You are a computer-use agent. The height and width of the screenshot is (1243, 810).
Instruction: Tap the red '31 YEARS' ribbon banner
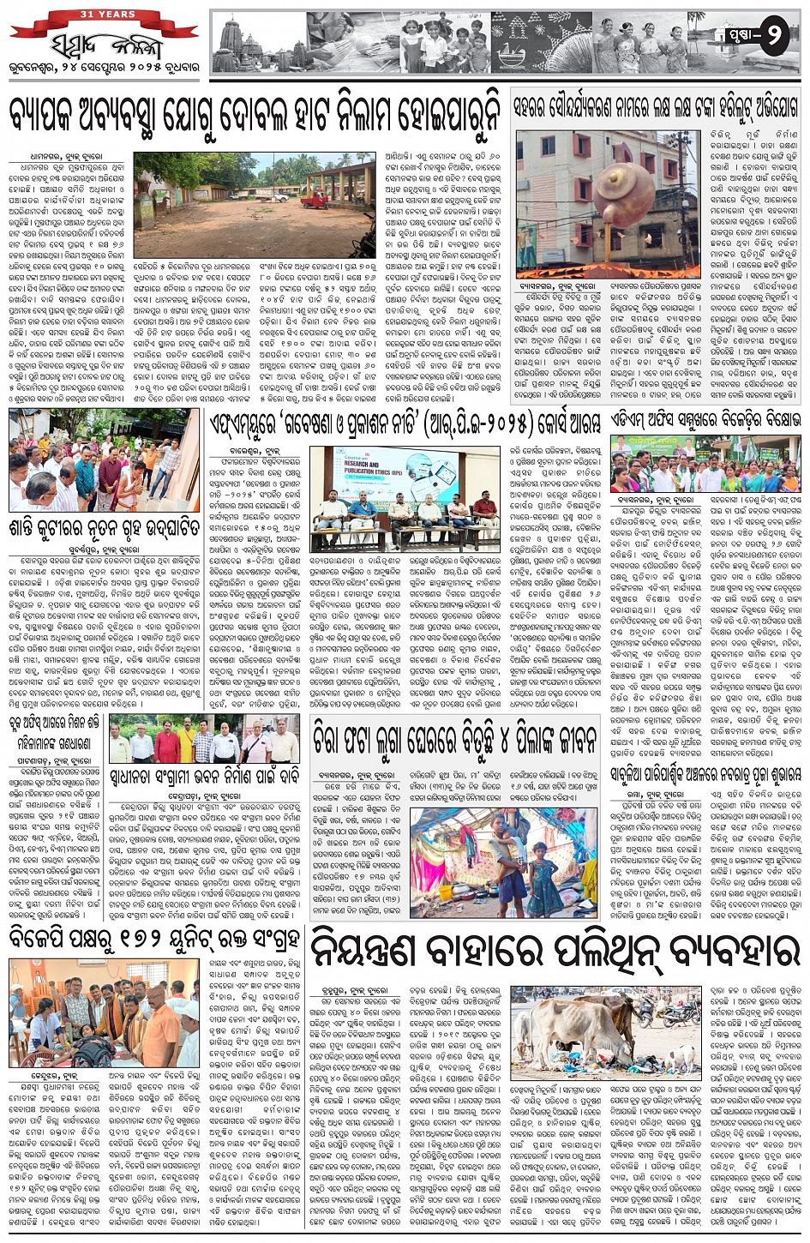pos(103,15)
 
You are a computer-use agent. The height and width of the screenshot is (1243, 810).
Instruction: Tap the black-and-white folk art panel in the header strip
pos(549,43)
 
